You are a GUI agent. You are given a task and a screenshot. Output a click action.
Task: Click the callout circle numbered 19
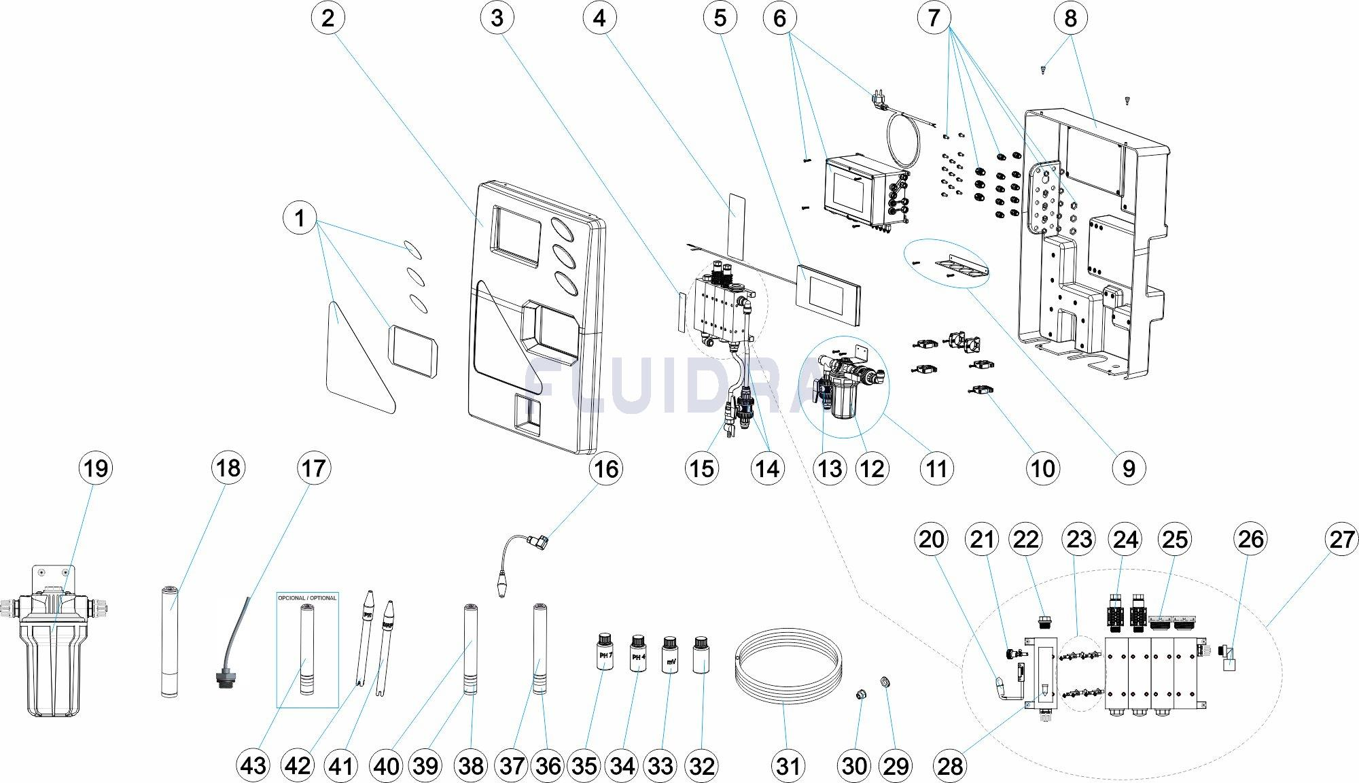[x=95, y=468]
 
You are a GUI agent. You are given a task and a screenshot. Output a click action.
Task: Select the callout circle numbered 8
[x=1070, y=18]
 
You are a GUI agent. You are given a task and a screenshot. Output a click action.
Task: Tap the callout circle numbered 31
[x=788, y=766]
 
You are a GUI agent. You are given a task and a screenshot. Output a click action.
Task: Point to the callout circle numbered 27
[x=1342, y=540]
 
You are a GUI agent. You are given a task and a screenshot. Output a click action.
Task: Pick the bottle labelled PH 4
[x=637, y=654]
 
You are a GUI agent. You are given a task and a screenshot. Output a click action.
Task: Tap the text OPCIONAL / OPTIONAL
[x=307, y=598]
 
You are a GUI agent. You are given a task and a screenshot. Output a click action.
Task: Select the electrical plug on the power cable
[x=877, y=99]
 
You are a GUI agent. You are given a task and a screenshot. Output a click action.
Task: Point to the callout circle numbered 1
[x=299, y=218]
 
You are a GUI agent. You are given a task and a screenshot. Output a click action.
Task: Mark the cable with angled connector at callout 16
[x=523, y=557]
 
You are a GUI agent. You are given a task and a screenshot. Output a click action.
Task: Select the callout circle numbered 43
[x=253, y=766]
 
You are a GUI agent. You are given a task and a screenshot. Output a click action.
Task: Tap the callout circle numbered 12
[x=872, y=468]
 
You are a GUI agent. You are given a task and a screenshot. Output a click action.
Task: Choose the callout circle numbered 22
[x=1025, y=540]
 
